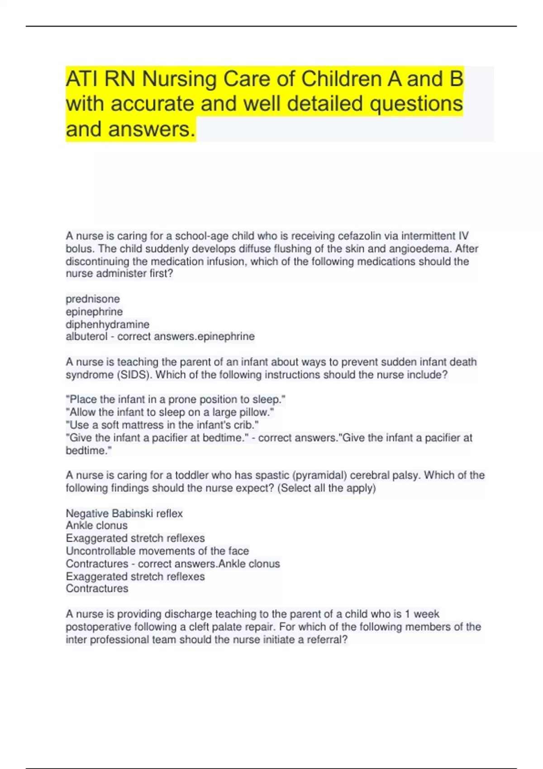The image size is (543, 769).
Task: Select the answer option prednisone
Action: coord(93,299)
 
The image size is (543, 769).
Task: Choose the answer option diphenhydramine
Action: coord(107,324)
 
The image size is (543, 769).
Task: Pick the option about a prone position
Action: coord(176,399)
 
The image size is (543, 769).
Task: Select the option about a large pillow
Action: coord(170,412)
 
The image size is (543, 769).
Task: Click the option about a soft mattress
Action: coord(162,425)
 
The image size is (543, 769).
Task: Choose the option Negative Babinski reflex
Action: coord(124,513)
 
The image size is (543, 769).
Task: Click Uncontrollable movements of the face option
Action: coord(157,551)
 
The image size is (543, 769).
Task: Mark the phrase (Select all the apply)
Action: coord(326,488)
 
